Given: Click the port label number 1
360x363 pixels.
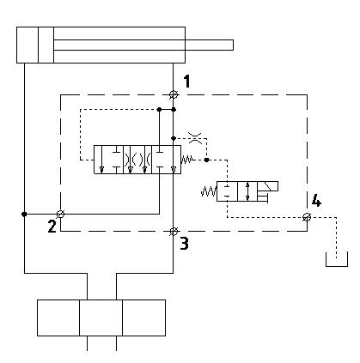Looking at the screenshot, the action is pos(186,82).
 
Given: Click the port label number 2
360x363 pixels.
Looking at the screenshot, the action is pos(52,226).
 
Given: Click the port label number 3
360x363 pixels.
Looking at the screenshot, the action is pos(184,244).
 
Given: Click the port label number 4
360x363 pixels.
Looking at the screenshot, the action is pos(316,200).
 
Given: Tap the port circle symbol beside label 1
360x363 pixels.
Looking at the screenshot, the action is pos(174,94).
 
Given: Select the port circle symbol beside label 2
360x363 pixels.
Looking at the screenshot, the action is pos(60,214).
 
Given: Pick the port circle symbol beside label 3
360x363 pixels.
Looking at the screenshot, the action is pos(174,231).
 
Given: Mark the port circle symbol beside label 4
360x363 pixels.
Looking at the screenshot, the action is pos(307,217).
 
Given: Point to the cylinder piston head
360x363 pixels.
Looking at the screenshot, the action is pos(46,45).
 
